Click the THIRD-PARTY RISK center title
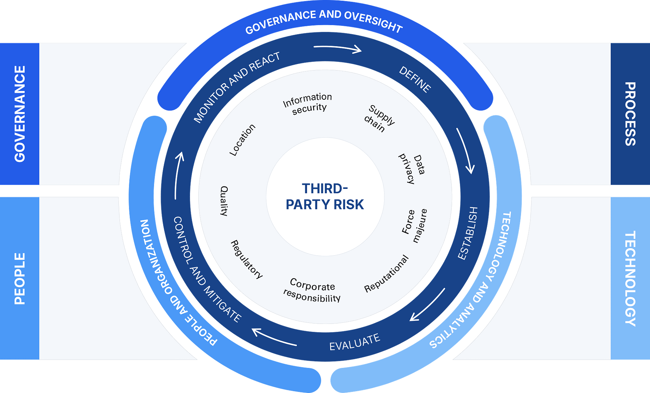[325, 196]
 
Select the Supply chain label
[379, 119]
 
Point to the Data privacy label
[412, 168]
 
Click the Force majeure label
[414, 226]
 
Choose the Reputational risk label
[387, 274]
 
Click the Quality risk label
[224, 201]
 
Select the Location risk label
[242, 140]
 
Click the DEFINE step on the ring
[415, 79]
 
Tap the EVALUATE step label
[355, 342]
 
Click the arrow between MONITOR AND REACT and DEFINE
[338, 48]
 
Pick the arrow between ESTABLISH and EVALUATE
[427, 305]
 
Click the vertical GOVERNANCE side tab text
[20, 114]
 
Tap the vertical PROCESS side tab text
[630, 114]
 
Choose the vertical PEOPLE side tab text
[20, 279]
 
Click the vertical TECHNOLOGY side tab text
[630, 279]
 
